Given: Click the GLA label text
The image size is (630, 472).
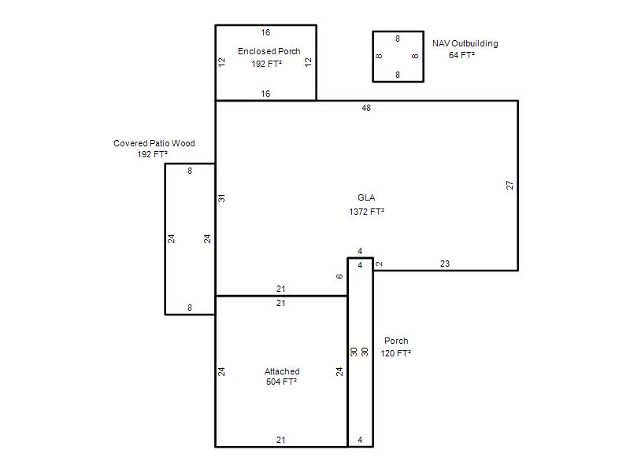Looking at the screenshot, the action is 366,197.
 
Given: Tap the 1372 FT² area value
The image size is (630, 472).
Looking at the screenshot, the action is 366,212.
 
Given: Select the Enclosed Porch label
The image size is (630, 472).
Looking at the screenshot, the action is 269,51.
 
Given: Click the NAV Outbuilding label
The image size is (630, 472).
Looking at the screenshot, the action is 465,43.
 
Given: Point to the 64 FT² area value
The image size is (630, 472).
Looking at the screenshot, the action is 461,55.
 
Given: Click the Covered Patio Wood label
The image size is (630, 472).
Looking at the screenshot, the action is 154,143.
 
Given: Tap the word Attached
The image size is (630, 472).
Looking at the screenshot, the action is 282,371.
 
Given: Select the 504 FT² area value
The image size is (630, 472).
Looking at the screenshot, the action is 281,382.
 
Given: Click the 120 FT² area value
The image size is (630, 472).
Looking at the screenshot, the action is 396,353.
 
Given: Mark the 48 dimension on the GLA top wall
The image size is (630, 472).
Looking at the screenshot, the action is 366,108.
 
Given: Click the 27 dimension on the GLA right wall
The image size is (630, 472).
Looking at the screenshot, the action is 510,185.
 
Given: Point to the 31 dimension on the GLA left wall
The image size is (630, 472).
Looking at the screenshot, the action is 221,198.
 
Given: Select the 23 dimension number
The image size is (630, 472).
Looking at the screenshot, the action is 445,264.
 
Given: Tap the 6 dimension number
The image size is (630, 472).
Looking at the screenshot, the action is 339,277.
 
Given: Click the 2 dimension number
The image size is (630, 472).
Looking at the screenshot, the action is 380,264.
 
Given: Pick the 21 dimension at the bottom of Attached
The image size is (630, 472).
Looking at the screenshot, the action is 281,440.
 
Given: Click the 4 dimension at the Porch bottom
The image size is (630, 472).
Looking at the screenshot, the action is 360,440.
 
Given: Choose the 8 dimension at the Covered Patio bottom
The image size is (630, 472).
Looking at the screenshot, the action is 190,308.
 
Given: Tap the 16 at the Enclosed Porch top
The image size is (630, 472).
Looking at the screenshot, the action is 265,32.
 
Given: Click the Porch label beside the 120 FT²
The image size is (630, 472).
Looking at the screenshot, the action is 396,341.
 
